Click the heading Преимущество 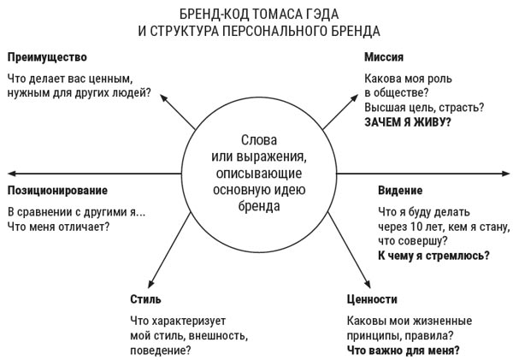47,57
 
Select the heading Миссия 384,57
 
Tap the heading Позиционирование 57,191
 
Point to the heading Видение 400,190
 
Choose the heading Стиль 145,299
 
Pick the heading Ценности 372,299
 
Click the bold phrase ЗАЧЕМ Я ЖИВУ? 408,122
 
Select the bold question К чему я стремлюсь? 433,256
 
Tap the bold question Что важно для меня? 403,351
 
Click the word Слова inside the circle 259,140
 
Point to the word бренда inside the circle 259,206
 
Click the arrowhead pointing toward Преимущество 163,97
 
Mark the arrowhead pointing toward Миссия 355,97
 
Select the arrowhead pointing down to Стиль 151,284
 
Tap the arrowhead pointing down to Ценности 368,284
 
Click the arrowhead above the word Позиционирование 12,174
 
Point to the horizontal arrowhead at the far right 505,174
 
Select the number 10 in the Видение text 416,227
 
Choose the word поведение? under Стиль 161,351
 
